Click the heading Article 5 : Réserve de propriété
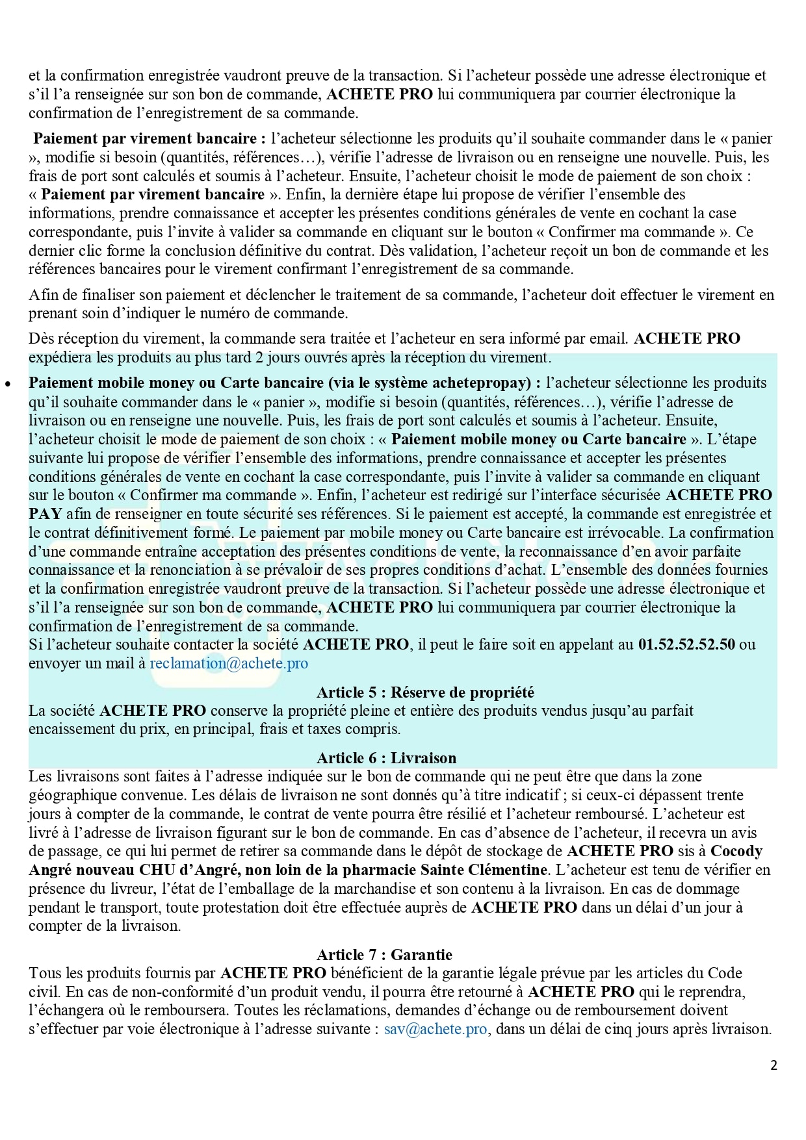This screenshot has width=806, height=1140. point(425,692)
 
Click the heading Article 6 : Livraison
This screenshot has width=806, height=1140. point(386,758)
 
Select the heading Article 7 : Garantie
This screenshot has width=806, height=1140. point(384,955)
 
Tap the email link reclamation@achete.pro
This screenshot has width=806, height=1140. point(229,664)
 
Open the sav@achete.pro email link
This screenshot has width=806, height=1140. point(435,1030)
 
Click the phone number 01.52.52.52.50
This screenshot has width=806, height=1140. point(686,645)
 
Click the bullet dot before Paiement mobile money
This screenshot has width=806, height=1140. point(8,384)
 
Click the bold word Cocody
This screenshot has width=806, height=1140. point(736,851)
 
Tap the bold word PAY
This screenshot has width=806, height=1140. point(45,514)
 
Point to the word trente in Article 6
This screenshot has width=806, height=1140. point(724,795)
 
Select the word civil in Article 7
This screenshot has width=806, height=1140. point(44,993)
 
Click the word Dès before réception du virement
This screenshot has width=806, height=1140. point(41,339)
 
